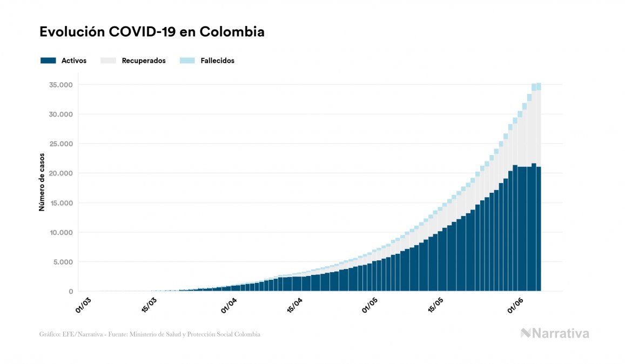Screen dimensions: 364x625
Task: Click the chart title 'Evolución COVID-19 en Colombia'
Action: click(152, 32)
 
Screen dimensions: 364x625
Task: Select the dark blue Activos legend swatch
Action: click(48, 60)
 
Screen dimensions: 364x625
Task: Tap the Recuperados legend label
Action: click(144, 60)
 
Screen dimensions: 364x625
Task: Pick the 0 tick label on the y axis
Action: click(70, 292)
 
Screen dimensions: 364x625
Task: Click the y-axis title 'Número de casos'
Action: click(42, 182)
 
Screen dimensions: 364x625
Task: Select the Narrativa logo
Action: click(555, 333)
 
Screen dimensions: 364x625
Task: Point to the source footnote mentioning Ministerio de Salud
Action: click(150, 334)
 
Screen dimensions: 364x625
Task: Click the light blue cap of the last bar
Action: click(539, 86)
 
